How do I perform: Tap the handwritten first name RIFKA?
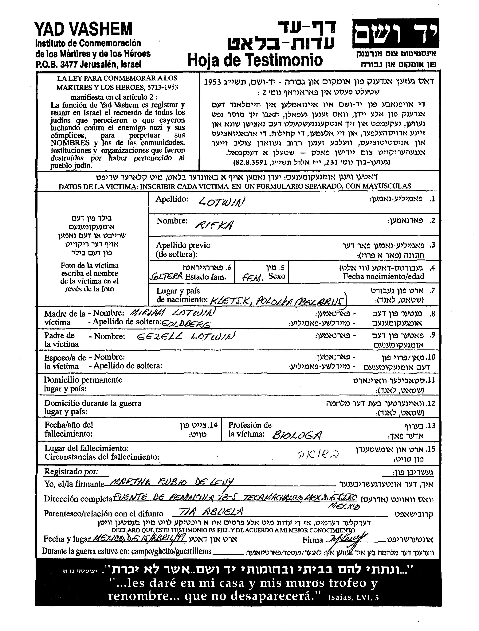(214, 225)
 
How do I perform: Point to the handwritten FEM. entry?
(253, 277)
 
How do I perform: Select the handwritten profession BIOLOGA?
(297, 435)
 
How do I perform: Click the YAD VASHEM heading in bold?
(83, 29)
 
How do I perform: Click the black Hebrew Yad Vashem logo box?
(395, 33)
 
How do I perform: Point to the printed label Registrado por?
(71, 472)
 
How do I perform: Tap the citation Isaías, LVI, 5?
(354, 597)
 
